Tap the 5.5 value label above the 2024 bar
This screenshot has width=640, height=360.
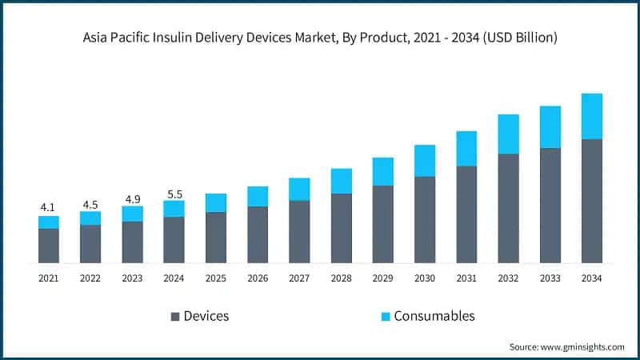pyautogui.click(x=174, y=193)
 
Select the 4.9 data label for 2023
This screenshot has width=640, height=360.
pyautogui.click(x=132, y=198)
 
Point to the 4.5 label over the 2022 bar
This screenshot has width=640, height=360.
pyautogui.click(x=90, y=203)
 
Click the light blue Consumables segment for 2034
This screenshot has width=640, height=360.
pyautogui.click(x=591, y=116)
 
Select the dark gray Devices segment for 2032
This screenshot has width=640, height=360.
pyautogui.click(x=508, y=208)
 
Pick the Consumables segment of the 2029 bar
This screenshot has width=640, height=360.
pyautogui.click(x=383, y=171)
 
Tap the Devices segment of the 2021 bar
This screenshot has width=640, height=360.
pyautogui.click(x=49, y=246)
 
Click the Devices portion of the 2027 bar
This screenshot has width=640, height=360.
pyautogui.click(x=299, y=231)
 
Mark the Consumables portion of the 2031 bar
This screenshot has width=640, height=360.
pyautogui.click(x=466, y=148)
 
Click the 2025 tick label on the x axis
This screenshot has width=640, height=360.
pyautogui.click(x=216, y=278)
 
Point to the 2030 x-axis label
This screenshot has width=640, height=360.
pyautogui.click(x=424, y=278)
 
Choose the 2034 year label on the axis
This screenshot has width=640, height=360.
pyautogui.click(x=591, y=278)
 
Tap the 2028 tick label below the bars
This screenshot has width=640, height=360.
pyautogui.click(x=341, y=278)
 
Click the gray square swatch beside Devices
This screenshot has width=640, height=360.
pyautogui.click(x=174, y=316)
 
